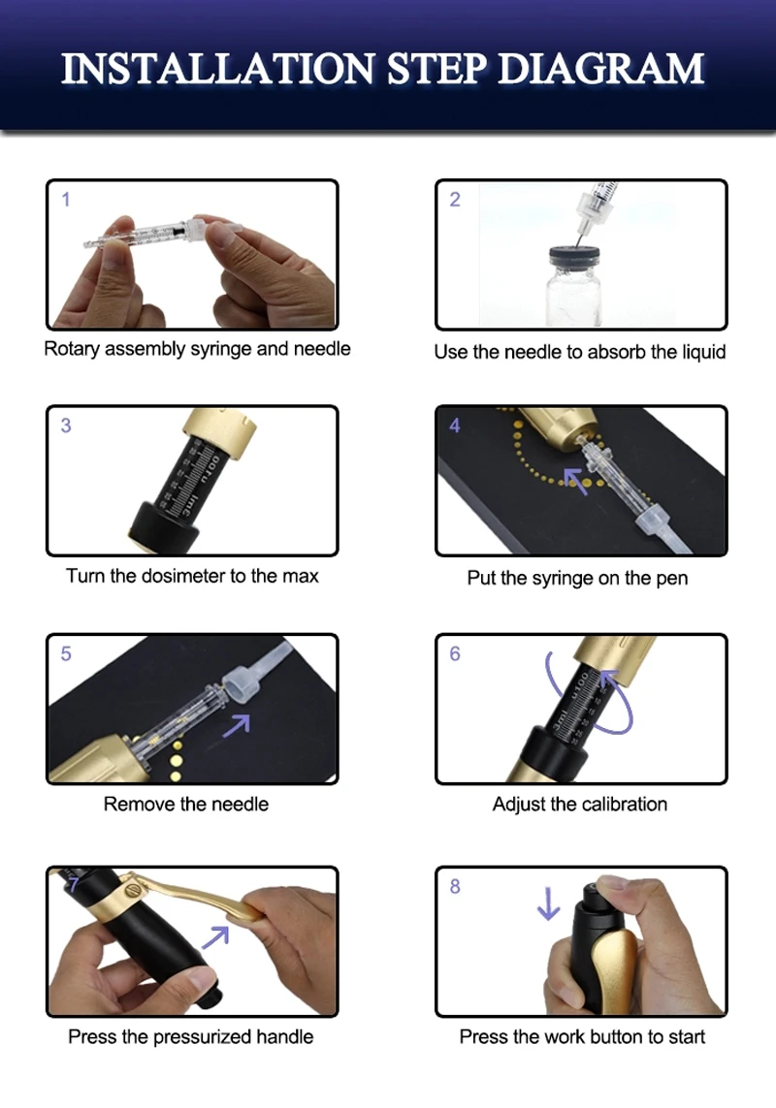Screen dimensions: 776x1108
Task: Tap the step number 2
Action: (455, 200)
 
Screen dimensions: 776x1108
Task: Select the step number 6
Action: (455, 653)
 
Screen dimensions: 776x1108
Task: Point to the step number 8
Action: (455, 886)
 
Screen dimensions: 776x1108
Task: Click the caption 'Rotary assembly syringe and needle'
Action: (197, 349)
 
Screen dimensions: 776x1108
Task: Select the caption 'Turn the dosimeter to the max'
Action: (192, 576)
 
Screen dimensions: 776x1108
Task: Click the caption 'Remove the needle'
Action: (186, 805)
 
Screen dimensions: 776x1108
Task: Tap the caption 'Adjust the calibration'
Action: (580, 805)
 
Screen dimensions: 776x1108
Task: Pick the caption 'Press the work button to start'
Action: (582, 1036)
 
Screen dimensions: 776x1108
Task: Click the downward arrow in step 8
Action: (548, 903)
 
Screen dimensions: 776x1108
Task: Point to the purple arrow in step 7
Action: (216, 936)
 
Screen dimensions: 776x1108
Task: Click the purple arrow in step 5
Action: (237, 726)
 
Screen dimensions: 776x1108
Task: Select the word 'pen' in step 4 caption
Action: (671, 579)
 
